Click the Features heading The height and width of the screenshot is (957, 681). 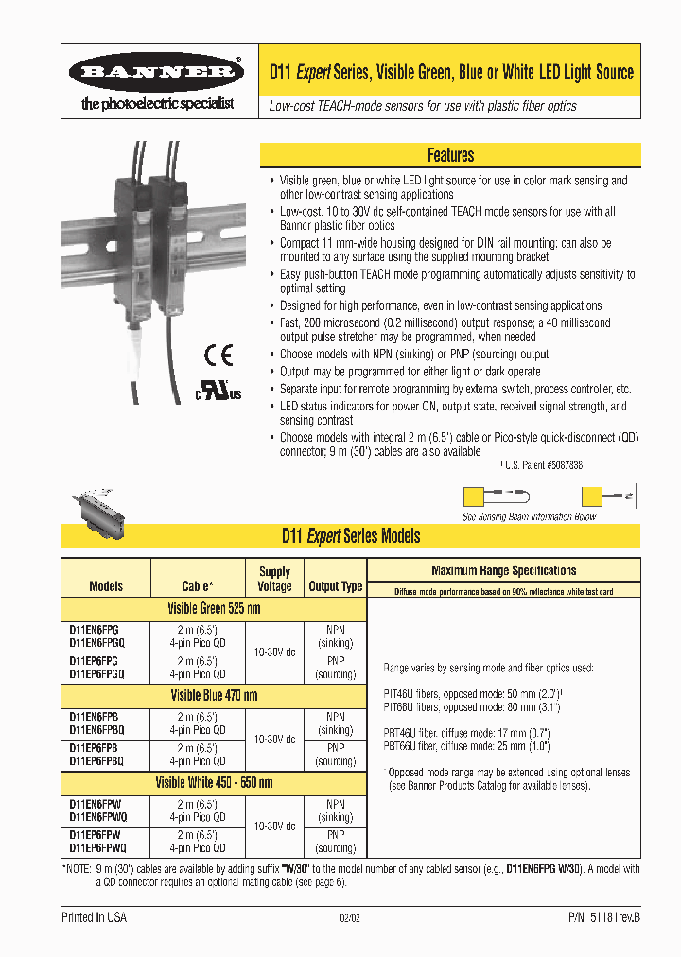450,155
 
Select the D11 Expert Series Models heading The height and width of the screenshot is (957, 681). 351,536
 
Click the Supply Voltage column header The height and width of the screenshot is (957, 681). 274,579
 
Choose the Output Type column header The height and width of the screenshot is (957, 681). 336,586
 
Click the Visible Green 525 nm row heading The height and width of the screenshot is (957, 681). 213,609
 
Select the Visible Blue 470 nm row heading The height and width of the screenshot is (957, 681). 213,695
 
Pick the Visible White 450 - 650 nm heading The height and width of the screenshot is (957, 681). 214,782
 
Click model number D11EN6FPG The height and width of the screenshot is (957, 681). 94,629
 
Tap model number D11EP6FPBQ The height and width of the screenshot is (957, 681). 96,761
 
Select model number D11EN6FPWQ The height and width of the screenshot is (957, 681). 97,816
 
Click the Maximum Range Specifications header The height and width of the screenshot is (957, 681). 503,570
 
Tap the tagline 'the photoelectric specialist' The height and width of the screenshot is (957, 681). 156,104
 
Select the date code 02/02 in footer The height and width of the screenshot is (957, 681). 350,918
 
